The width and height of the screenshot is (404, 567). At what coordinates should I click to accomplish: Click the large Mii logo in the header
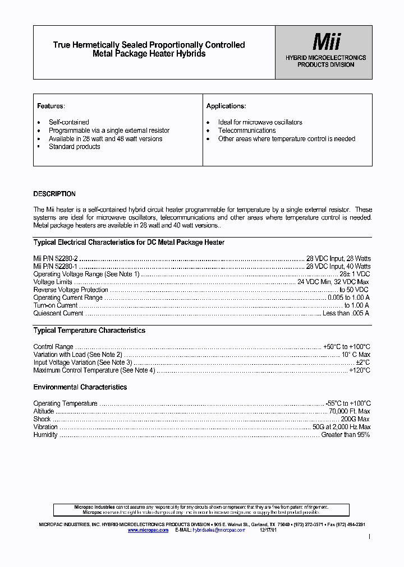tap(325, 41)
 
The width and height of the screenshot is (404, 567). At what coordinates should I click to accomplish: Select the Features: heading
tap(51, 106)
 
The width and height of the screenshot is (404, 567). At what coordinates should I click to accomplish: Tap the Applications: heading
tap(226, 106)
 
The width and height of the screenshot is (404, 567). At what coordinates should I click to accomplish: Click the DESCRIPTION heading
tap(54, 194)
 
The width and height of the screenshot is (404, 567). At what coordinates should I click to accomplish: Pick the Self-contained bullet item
tap(68, 122)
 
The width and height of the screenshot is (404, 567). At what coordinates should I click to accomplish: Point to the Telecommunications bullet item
tap(247, 131)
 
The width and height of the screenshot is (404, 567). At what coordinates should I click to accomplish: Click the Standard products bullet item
tap(74, 147)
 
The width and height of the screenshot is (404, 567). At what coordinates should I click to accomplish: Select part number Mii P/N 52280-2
tap(56, 258)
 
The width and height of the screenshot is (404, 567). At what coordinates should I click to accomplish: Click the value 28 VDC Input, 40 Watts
tap(338, 266)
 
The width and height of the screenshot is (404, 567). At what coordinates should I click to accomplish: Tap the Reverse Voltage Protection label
tap(71, 290)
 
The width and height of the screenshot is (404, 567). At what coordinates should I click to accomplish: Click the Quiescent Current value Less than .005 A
tap(346, 313)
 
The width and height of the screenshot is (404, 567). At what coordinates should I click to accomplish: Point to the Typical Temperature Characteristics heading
tap(89, 331)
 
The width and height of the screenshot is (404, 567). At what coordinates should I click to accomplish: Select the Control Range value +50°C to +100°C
tap(347, 347)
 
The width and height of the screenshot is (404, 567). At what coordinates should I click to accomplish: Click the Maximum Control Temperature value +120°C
tap(360, 370)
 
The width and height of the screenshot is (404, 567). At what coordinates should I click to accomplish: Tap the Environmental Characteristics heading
tap(80, 387)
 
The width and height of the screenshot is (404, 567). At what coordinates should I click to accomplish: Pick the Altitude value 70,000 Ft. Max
tap(350, 411)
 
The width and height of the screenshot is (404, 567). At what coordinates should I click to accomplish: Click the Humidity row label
tap(45, 435)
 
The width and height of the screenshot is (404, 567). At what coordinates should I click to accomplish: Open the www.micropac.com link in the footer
tap(148, 529)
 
